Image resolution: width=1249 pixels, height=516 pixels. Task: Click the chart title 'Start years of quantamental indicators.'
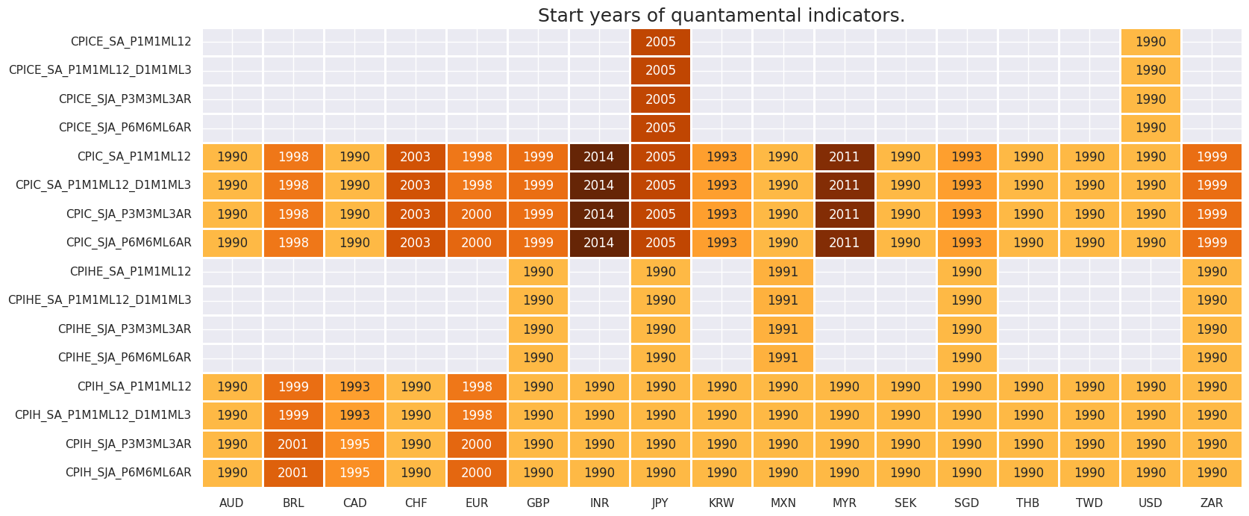tap(721, 16)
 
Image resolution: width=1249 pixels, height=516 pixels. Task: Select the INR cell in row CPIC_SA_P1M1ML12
tap(599, 157)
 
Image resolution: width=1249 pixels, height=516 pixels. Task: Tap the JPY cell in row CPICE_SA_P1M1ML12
tap(660, 42)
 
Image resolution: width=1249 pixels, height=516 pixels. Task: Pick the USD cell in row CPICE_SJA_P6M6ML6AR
tap(1151, 128)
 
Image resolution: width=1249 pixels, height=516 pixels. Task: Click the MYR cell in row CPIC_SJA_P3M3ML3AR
tap(844, 214)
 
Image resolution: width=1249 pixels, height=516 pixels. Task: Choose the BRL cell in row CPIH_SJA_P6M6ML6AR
tap(293, 473)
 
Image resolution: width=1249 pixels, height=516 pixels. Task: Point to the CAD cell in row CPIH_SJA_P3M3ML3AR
tap(354, 444)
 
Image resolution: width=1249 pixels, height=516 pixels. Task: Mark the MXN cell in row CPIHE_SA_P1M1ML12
tap(783, 272)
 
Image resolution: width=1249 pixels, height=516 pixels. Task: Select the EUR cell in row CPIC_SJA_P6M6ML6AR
tap(477, 243)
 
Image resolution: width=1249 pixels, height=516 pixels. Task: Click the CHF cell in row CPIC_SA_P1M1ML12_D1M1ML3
tap(416, 185)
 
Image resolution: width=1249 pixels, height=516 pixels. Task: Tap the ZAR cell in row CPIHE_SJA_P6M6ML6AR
tap(1212, 358)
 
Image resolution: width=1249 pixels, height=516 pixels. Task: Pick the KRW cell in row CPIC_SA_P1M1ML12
tap(721, 157)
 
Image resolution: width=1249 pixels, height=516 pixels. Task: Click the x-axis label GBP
tap(538, 503)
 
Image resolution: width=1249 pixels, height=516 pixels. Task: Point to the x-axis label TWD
tap(1089, 503)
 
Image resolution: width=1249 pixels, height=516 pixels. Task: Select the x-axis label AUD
tap(232, 503)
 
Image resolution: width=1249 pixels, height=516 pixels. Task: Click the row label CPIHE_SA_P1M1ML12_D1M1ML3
tap(99, 300)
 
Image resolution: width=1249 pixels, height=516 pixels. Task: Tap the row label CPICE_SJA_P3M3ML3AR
tap(125, 99)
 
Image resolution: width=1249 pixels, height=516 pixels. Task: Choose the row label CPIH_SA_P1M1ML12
tap(134, 387)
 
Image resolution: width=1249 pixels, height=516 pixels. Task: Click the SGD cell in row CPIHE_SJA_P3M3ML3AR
tap(966, 329)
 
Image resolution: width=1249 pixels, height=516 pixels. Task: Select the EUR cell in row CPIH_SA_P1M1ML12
tap(477, 387)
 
